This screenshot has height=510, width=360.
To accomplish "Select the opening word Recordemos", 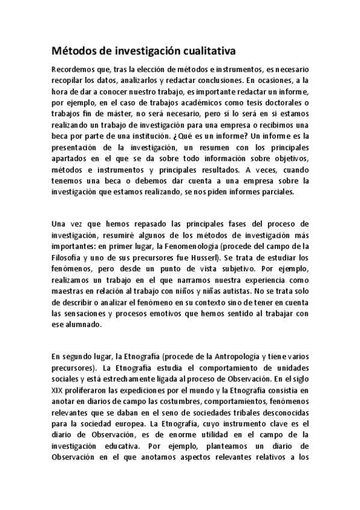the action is (72, 69).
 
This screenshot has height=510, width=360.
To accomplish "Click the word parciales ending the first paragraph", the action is (278, 194).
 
